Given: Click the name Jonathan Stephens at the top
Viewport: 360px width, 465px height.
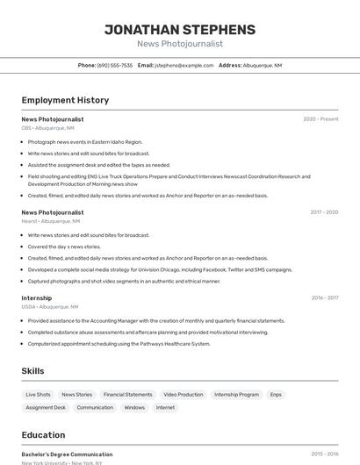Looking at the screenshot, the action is click(x=180, y=30).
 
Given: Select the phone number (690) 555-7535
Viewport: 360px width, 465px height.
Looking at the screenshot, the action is click(x=115, y=65).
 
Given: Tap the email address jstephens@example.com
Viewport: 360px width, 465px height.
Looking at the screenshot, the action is click(x=184, y=65).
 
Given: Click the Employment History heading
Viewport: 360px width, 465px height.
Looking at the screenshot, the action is click(x=65, y=101).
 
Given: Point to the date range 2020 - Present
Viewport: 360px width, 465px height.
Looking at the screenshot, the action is click(x=320, y=119).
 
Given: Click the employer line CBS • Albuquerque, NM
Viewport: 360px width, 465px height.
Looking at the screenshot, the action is click(x=48, y=128).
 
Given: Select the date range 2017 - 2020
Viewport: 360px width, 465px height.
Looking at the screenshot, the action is click(x=324, y=212).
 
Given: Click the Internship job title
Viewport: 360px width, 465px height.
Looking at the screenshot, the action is click(x=37, y=298).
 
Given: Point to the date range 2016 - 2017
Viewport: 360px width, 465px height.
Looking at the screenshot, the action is click(x=324, y=298).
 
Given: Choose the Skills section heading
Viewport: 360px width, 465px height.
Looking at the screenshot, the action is click(x=33, y=371).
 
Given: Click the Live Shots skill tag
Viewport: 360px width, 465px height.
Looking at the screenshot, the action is click(x=38, y=395).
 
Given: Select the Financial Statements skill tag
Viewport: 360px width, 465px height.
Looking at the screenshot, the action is click(x=128, y=395).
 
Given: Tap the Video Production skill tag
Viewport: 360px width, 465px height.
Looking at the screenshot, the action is click(x=184, y=395).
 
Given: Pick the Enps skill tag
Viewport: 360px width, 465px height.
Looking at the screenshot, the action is click(x=276, y=395).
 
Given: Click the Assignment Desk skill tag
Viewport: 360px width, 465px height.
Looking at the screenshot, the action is click(x=46, y=407).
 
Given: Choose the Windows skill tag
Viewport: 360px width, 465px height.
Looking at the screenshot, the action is click(x=134, y=407).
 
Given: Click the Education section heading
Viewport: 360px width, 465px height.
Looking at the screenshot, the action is click(x=44, y=435).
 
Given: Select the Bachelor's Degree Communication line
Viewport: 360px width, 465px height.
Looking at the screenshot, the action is click(x=68, y=454).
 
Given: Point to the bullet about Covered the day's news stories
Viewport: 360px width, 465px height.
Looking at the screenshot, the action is click(x=64, y=247).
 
